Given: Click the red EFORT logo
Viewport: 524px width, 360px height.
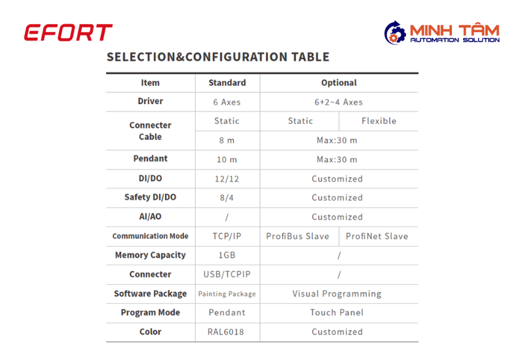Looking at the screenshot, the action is click(68, 32).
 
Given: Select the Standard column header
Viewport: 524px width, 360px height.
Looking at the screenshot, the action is click(227, 83).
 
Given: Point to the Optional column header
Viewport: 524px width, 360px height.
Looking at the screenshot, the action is click(339, 83).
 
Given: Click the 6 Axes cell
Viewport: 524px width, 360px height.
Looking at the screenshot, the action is click(227, 102).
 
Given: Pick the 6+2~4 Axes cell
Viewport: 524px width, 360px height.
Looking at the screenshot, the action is click(339, 102).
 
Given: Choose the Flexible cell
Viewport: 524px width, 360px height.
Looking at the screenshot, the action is click(379, 121).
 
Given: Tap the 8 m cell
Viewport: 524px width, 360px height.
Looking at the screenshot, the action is click(227, 140).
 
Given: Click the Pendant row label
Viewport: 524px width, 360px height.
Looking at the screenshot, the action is click(151, 158).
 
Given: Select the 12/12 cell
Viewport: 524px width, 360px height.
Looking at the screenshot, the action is click(227, 179).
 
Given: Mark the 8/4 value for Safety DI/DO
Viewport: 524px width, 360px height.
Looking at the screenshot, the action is click(227, 198).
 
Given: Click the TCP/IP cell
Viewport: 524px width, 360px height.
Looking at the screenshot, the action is click(227, 236).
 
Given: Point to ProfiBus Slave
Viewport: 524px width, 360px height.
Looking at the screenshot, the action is click(298, 236).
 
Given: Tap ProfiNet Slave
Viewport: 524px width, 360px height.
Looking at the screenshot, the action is click(377, 236).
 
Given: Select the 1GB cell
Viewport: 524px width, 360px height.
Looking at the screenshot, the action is click(227, 255).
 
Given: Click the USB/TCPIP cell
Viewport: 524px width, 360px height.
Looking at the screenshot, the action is click(227, 274).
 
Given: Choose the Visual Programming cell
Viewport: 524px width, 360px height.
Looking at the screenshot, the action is click(337, 294).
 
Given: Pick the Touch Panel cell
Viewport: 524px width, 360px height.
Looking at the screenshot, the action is click(337, 313).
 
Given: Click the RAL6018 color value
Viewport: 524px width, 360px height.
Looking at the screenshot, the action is click(226, 332).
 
